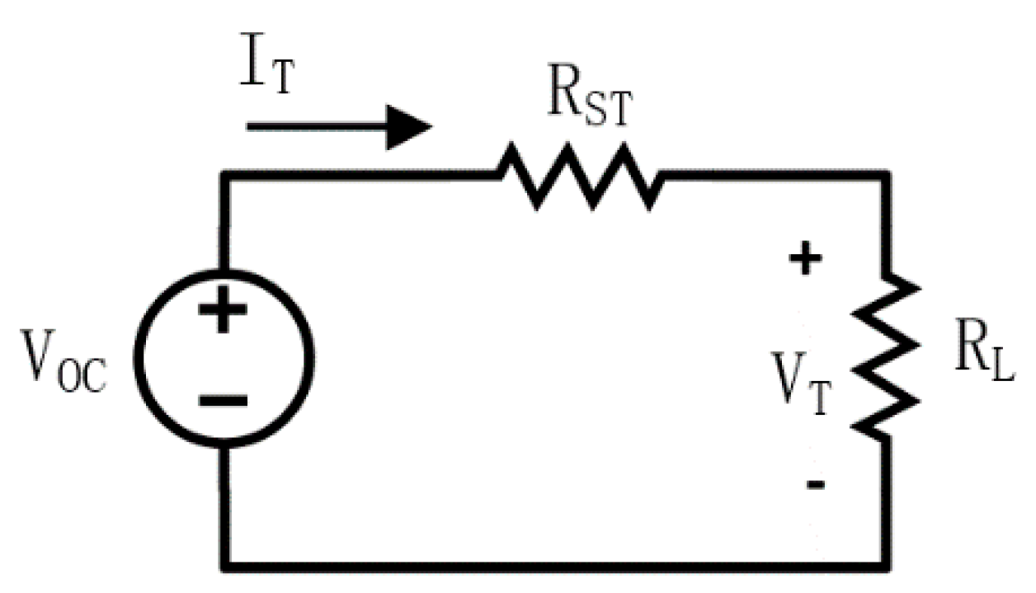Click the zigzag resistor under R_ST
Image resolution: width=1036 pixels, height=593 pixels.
click(579, 175)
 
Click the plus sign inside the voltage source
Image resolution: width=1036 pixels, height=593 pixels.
click(223, 315)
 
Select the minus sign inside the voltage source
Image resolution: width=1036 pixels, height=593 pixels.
click(223, 401)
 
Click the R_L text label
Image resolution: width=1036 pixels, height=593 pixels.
click(985, 357)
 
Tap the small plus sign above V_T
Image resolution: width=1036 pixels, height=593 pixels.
click(806, 261)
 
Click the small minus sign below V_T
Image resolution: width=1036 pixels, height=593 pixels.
click(814, 485)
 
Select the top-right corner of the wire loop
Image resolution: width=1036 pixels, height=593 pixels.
click(888, 176)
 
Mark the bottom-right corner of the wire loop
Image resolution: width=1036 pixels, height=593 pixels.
click(888, 565)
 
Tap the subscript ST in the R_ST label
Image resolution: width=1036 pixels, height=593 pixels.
click(606, 112)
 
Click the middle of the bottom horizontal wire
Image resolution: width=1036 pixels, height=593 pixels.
click(556, 565)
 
